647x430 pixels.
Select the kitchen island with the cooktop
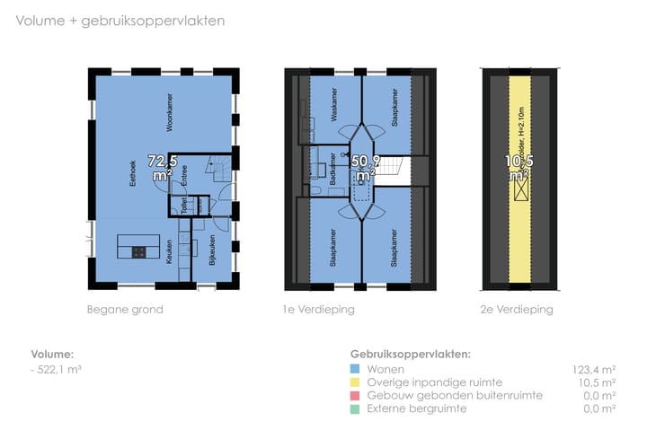tap(137, 250)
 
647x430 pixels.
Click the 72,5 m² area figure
tap(163, 168)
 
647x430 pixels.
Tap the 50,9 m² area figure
tap(364, 168)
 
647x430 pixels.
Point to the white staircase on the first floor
tap(396, 169)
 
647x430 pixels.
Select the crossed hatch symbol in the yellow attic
tap(520, 189)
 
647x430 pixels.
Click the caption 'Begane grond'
tap(125, 310)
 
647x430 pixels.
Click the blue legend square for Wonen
tap(357, 369)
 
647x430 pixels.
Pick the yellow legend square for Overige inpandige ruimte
tap(357, 382)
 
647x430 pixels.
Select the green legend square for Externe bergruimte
tap(357, 408)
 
